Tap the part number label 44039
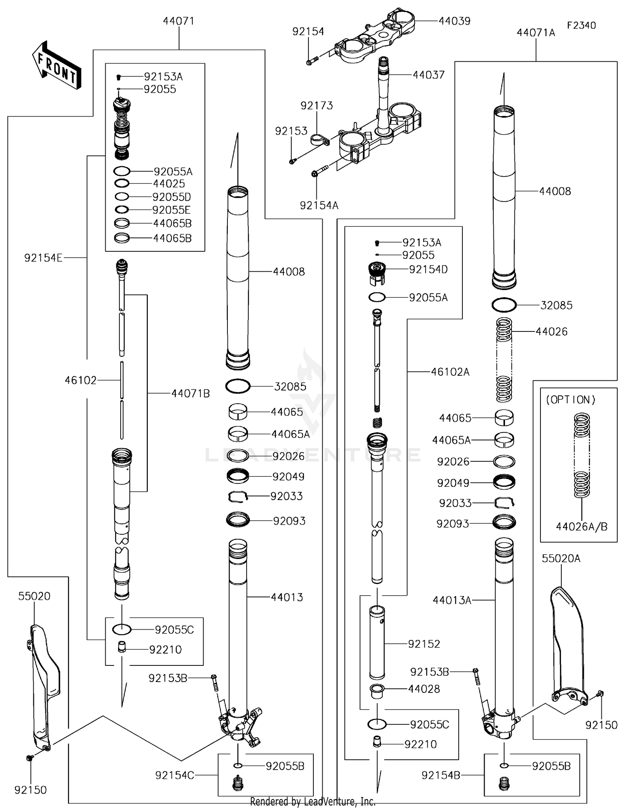(454, 21)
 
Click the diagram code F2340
(581, 25)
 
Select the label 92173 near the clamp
(316, 106)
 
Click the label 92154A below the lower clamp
(319, 205)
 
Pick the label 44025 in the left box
(169, 184)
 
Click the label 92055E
(171, 210)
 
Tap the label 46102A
(450, 372)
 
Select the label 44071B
(190, 393)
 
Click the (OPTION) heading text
(570, 400)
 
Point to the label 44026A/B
(581, 527)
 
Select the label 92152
(424, 644)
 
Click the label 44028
(424, 689)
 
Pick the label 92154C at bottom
(174, 775)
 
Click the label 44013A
(452, 600)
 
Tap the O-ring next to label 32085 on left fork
(238, 386)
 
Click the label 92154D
(428, 270)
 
